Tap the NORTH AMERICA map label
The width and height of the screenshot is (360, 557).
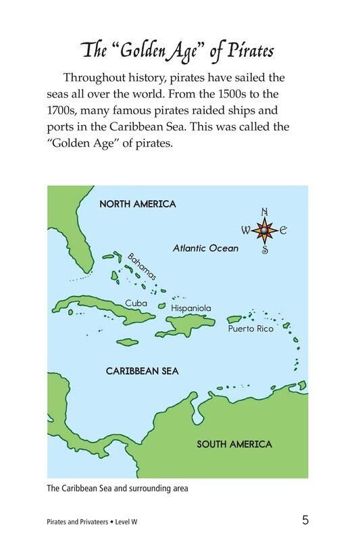(138, 203)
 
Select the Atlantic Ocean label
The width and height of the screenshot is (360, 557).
(205, 248)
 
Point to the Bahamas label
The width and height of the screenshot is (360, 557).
(143, 266)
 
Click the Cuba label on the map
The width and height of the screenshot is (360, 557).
(136, 303)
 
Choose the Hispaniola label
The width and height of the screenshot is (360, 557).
(191, 308)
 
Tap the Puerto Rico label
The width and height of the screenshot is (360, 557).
(251, 329)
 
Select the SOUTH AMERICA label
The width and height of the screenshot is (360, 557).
(234, 444)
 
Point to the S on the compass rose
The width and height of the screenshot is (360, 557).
(265, 250)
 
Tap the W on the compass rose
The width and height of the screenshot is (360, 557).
(246, 231)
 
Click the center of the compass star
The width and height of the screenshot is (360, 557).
(265, 231)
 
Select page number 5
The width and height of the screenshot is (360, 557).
(305, 520)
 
